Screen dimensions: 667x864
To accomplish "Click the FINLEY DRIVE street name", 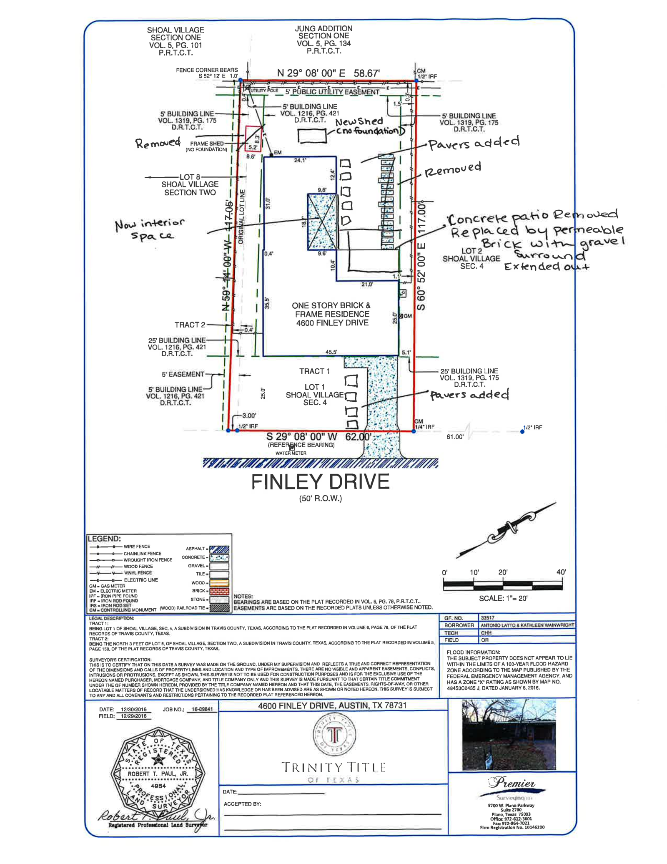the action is point(320,482).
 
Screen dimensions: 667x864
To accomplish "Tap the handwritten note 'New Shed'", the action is point(359,121).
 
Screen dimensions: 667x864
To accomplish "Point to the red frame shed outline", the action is point(253,138).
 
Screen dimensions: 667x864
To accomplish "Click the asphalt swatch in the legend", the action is point(219,549).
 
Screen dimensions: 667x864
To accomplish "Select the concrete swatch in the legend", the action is point(219,557).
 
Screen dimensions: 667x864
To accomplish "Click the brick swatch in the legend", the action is point(219,591).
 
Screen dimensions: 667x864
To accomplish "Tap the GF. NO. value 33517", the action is point(487,618).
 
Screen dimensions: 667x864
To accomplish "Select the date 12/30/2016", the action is point(134,709).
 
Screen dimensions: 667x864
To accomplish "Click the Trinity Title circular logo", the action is point(333,735).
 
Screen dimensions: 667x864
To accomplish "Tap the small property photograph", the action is point(509,735).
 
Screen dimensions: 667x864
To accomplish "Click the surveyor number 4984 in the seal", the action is point(158,786).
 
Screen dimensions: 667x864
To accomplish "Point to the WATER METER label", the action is point(291,453).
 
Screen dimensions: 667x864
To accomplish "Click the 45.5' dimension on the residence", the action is point(331,352).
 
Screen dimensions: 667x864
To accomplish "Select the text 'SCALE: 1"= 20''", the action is point(503,598).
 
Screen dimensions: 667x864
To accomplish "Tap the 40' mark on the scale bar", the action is point(561,572).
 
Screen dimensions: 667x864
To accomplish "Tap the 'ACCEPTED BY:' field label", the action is point(242,804).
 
